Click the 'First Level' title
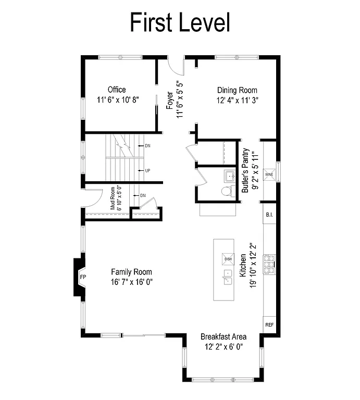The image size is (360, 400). (180, 22)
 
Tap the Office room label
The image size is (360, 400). (117, 90)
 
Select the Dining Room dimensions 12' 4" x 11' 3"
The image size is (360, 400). (238, 101)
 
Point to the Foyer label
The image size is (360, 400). (170, 99)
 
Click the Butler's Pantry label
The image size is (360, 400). (244, 171)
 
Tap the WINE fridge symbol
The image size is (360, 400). (269, 174)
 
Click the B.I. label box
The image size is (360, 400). (269, 214)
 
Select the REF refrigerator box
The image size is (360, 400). (269, 324)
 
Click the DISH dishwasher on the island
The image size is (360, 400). (228, 259)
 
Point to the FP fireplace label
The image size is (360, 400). (82, 277)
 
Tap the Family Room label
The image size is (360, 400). (131, 272)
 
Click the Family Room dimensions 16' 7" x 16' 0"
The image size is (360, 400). (131, 282)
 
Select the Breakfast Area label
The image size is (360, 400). (224, 336)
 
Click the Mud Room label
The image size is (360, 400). (111, 198)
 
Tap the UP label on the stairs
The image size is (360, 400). (148, 170)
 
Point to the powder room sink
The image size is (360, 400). (230, 174)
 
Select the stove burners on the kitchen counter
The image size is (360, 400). (270, 263)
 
